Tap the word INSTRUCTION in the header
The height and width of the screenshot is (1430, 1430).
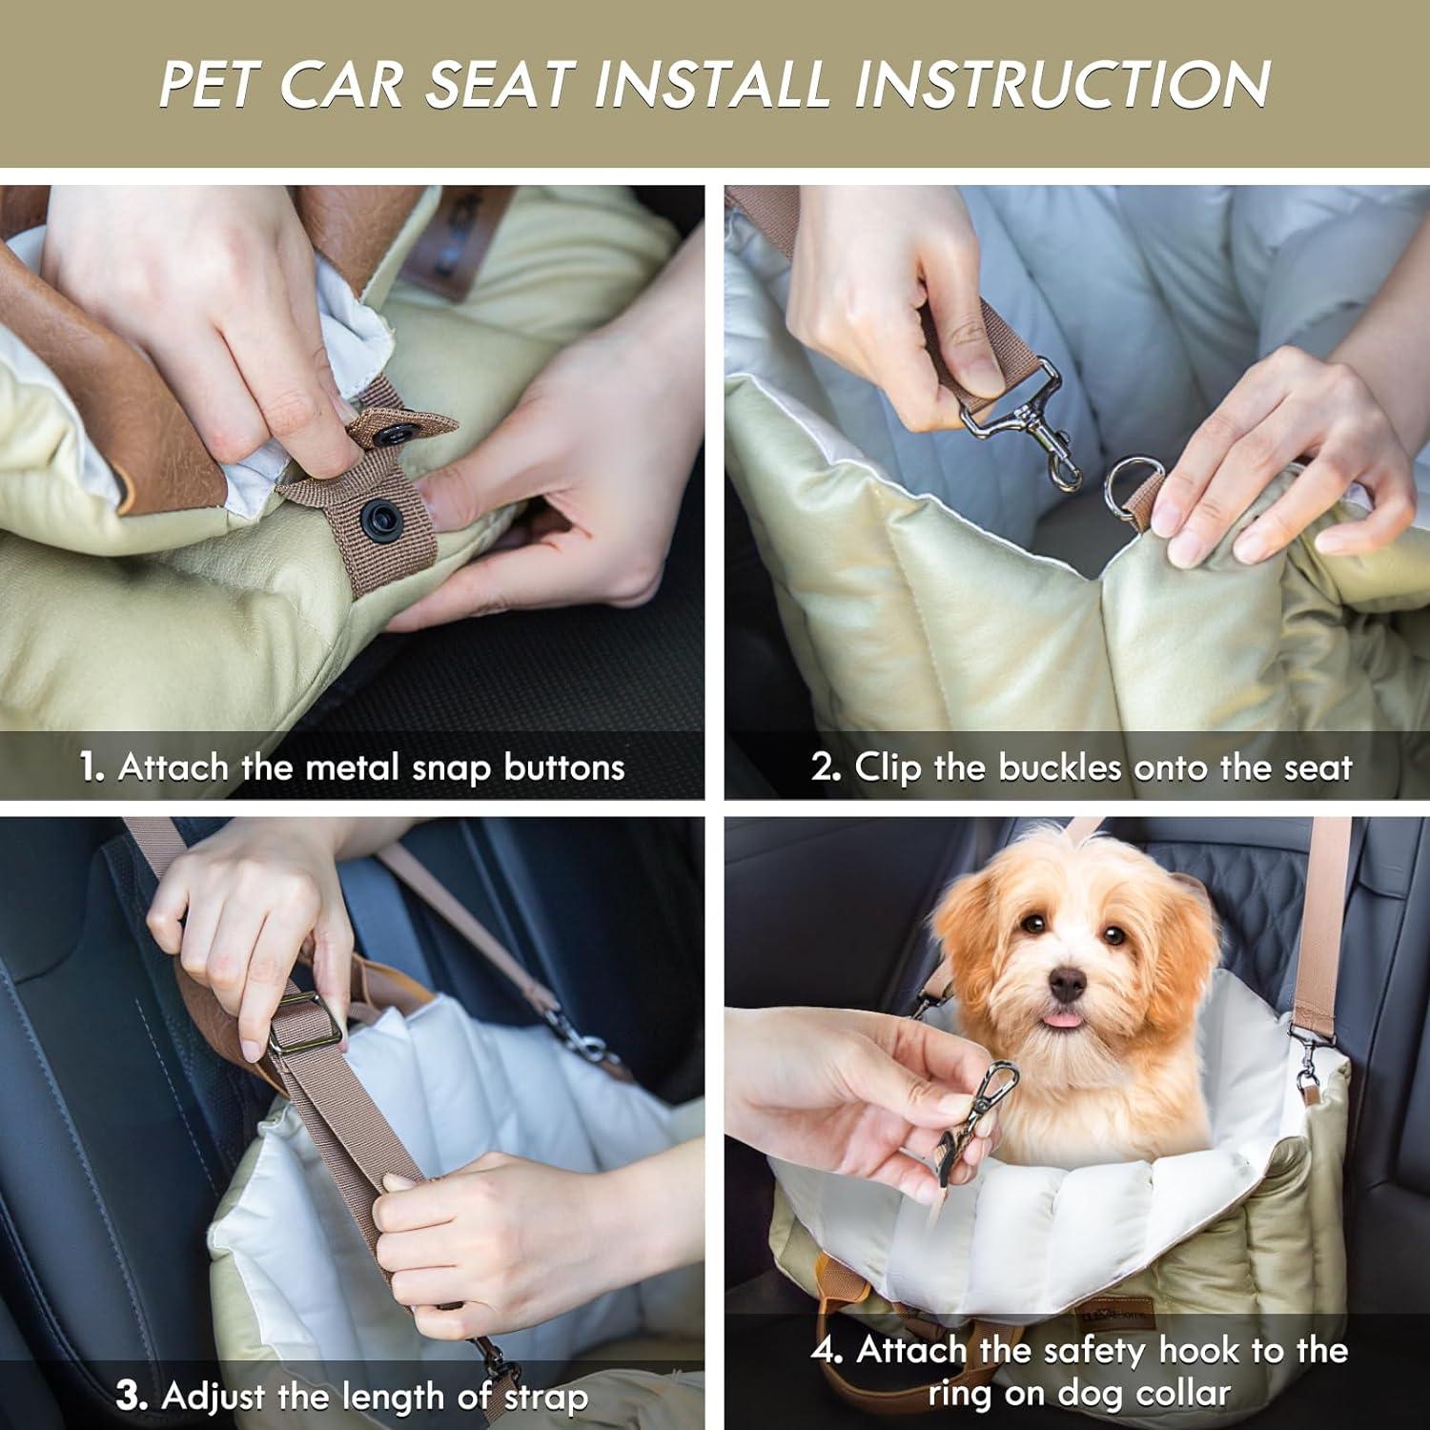click(1061, 84)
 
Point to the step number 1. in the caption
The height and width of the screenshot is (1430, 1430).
click(92, 767)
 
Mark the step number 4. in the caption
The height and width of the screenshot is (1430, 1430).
click(827, 1350)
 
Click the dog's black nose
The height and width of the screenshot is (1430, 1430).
click(1066, 984)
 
